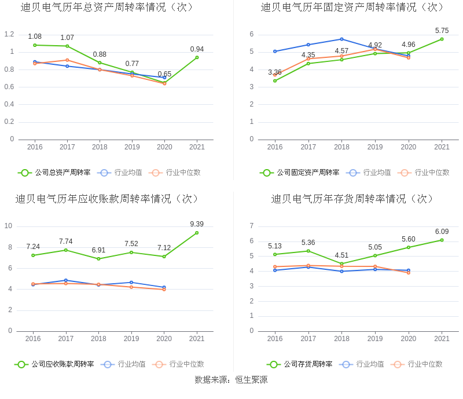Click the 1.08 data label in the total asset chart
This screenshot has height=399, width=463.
coord(35,36)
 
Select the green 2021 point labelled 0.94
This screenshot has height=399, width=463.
coord(197,57)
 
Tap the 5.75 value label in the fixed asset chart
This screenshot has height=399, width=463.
coord(442,31)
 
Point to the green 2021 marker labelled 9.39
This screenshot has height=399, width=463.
coord(197,233)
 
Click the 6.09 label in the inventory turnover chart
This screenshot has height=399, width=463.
coord(442,232)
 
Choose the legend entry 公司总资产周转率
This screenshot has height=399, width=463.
coord(56,173)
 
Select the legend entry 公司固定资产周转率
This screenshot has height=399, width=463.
coord(300,173)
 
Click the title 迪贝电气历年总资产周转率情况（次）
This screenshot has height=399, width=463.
coord(107,8)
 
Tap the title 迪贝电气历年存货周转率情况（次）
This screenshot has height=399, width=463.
coord(352,199)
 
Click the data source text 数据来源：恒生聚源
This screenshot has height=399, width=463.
coord(231,380)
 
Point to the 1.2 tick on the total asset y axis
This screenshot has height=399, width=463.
coord(9,34)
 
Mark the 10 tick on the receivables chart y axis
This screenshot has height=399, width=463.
coord(9,226)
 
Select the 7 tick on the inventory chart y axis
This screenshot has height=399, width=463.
coord(251,226)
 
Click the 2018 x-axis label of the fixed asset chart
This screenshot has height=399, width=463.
coord(341,147)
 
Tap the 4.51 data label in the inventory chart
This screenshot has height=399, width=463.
coord(341,255)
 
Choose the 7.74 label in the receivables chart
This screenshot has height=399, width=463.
coord(65,241)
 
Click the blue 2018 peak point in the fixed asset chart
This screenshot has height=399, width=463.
coord(341,39)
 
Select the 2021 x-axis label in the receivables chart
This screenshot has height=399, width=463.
coord(197,339)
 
